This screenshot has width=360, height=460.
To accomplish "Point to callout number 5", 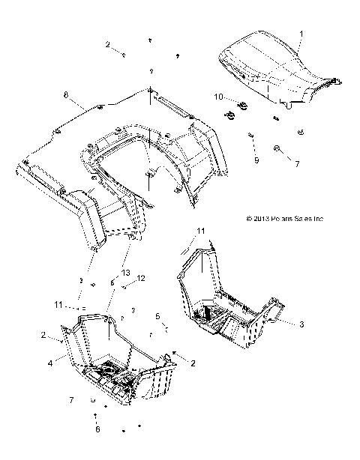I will pos(157,316).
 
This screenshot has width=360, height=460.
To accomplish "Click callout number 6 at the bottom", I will pos(97,429).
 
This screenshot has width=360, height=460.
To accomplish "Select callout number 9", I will pos(256,160).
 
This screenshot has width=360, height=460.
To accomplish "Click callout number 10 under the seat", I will pos(218,97).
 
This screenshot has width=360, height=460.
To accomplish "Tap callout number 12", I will pos(140,279).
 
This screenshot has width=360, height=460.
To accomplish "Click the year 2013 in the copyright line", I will pos(256,220).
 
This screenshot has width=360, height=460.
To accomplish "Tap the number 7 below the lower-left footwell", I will pos(72,401).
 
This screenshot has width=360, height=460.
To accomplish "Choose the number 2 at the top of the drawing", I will pos(107,45).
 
